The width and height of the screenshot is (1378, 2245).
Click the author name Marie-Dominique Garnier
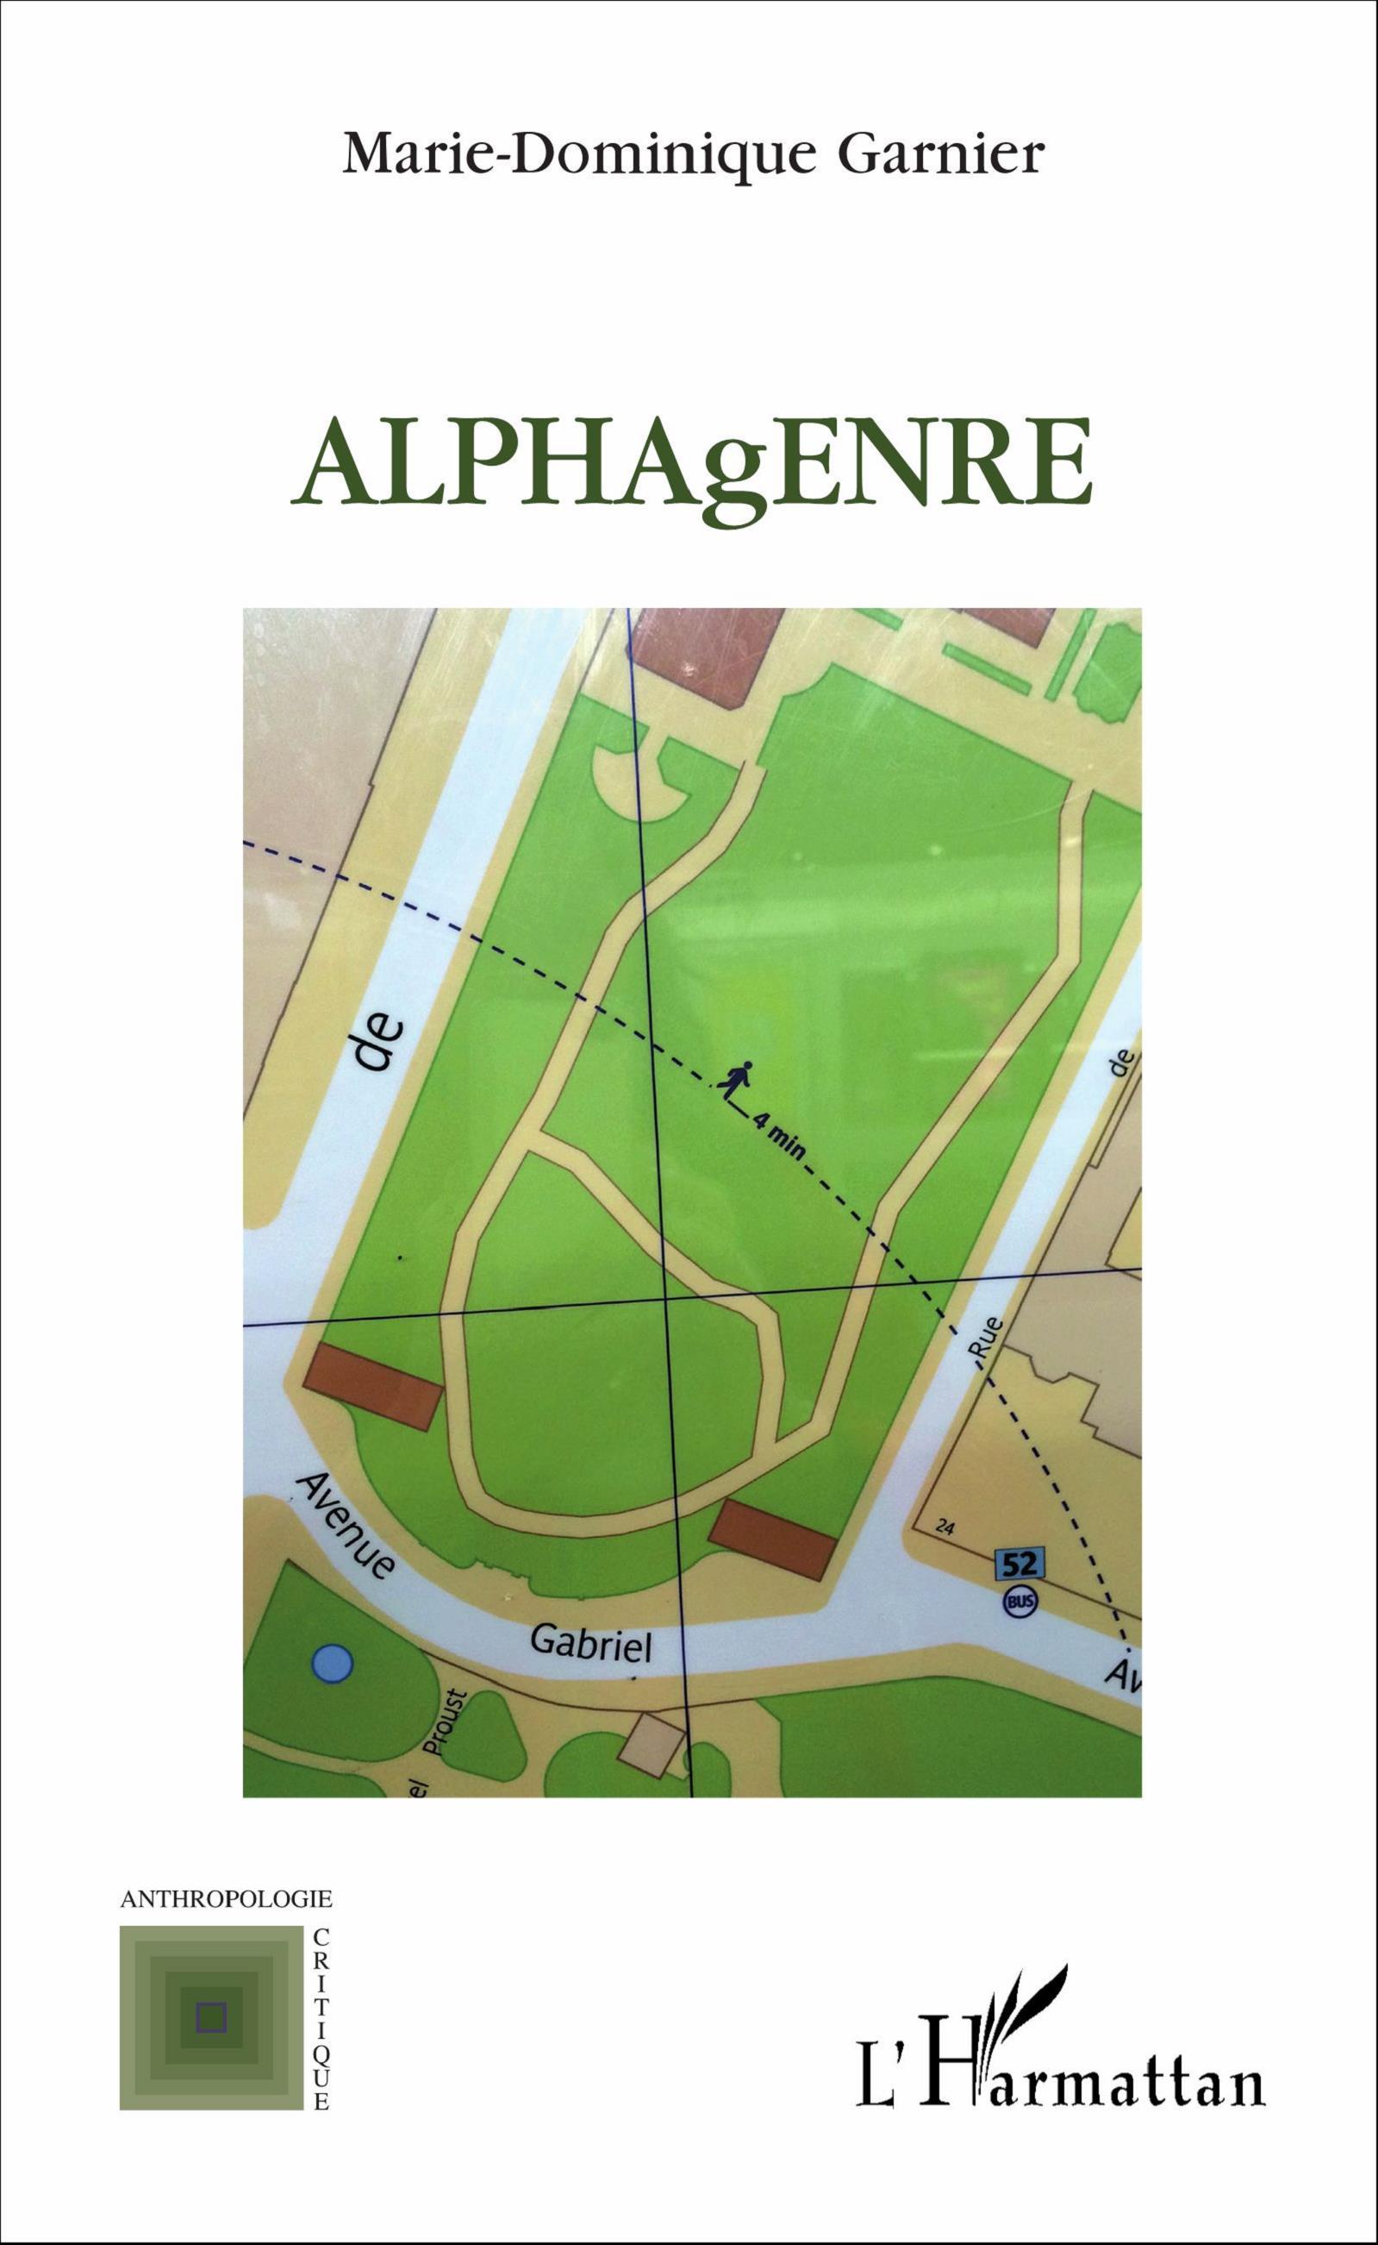point(693,154)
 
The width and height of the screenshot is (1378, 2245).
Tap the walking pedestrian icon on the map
point(734,1079)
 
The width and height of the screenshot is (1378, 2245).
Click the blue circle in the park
point(332,1665)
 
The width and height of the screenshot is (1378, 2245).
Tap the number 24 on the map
point(945,1528)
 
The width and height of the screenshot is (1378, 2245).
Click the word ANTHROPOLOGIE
point(226,1899)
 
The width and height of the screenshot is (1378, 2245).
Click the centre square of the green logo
point(211,2016)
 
